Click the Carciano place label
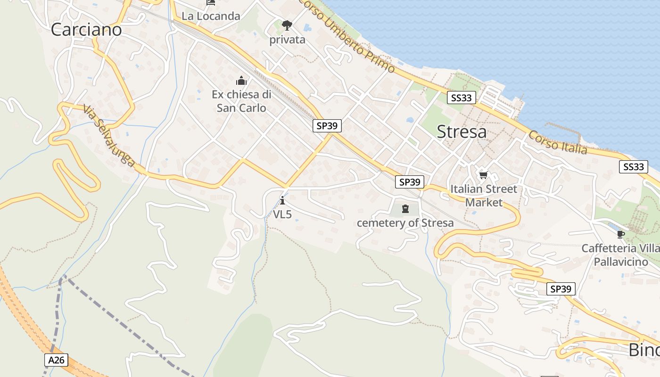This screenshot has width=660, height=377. pos(86,30)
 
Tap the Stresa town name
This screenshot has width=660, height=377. pos(462,132)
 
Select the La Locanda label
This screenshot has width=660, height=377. pos(211,16)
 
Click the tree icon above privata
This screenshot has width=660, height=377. pos(287,25)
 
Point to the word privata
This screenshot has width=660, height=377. pos(287,40)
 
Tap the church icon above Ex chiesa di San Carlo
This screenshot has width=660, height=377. pos(241,81)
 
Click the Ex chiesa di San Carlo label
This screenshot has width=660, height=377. pos(241,101)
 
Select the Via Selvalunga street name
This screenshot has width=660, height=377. pos(109,136)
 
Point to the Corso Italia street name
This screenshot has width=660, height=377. pos(558,143)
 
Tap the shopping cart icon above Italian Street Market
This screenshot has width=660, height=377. pos(483,175)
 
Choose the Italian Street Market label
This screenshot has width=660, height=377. pos(484,196)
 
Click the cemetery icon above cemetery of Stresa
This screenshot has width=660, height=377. pos(405,209)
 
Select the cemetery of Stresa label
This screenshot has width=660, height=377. pos(405,223)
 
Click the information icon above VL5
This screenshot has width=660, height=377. pos(282,201)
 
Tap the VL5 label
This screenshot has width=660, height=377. pos(282,214)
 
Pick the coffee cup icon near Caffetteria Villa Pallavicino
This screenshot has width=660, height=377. pos(620,234)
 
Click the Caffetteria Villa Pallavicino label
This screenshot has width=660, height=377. pos(620,255)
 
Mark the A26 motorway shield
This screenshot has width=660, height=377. pos(57,360)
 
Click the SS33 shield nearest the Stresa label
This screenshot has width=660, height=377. pos(462,98)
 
